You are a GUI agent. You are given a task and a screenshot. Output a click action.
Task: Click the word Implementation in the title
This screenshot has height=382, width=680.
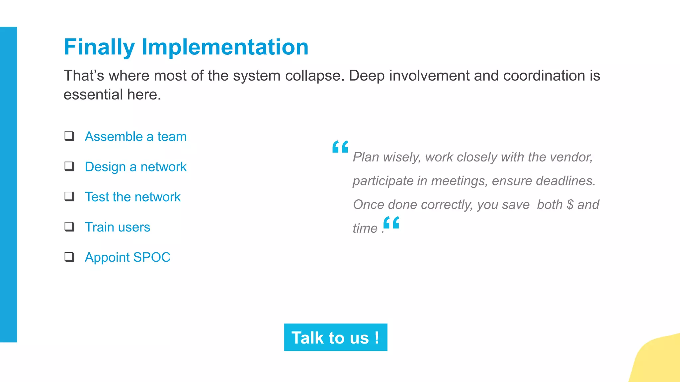[x=225, y=47]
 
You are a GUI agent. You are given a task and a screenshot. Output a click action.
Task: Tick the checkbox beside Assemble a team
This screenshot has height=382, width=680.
[x=69, y=136]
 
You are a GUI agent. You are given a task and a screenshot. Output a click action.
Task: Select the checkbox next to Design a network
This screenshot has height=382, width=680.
[x=69, y=166]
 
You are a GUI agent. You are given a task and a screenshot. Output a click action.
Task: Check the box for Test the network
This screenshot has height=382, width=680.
[x=69, y=196]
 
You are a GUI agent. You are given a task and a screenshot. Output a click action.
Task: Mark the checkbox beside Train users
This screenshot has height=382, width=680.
[x=69, y=226]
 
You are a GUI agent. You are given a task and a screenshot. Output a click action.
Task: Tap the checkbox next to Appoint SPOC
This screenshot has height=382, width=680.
[x=69, y=257]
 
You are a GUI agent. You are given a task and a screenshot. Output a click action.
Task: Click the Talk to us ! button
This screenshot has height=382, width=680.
[x=335, y=337]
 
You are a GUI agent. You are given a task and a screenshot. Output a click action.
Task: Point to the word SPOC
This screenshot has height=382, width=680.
[x=152, y=257]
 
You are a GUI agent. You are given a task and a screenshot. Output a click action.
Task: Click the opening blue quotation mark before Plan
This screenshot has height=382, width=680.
[x=340, y=147]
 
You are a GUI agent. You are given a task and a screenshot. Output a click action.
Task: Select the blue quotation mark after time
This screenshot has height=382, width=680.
[x=391, y=223]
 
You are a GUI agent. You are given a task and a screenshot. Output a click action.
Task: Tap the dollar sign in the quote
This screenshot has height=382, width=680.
[x=570, y=205]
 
